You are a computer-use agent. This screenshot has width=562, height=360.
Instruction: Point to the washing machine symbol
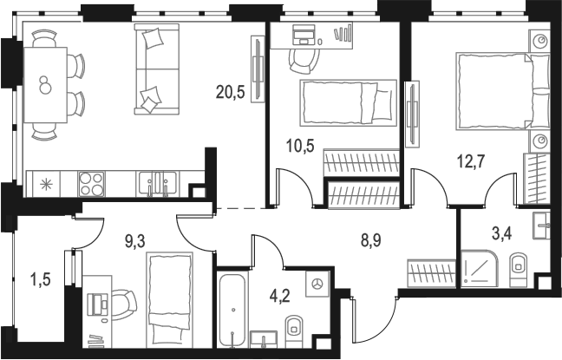317,284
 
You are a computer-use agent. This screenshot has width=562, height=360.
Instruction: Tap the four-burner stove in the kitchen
90,183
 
